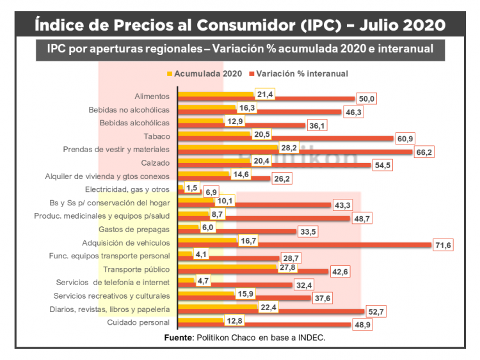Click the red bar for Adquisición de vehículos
click(x=304, y=245)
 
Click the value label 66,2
click(x=424, y=152)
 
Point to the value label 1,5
click(x=191, y=187)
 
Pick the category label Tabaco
click(x=157, y=136)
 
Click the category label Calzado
click(x=156, y=163)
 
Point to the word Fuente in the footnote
click(x=178, y=337)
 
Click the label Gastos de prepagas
click(x=134, y=229)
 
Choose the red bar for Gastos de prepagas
click(x=237, y=231)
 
